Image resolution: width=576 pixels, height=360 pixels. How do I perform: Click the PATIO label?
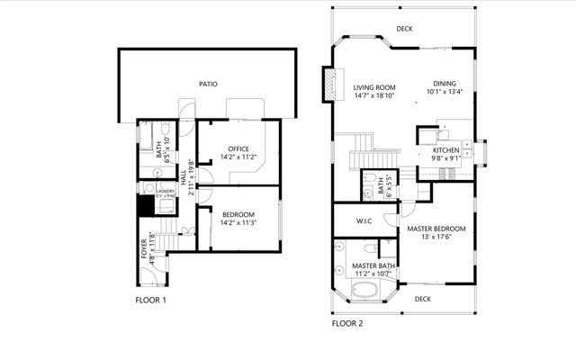click(208, 84)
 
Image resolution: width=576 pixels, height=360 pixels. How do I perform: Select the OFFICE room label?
click(238, 148)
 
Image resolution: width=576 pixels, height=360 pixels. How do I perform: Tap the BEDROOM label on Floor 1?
click(238, 213)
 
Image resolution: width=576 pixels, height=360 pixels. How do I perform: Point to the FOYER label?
click(144, 247)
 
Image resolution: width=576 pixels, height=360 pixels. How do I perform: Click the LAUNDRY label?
click(165, 191)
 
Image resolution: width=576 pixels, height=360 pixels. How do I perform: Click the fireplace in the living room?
click(333, 85)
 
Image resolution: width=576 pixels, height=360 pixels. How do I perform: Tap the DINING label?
click(445, 84)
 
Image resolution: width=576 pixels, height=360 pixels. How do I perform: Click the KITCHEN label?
click(445, 149)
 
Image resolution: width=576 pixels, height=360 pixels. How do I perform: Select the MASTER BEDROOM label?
click(436, 229)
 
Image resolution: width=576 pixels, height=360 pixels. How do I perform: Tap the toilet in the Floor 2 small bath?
click(370, 192)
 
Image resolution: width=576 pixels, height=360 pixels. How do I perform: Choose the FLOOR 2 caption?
click(347, 322)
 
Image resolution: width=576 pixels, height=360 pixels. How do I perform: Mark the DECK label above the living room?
click(405, 29)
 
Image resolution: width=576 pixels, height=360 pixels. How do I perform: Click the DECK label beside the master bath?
click(422, 298)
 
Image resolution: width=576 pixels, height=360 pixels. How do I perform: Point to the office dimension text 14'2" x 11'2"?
click(238, 157)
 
